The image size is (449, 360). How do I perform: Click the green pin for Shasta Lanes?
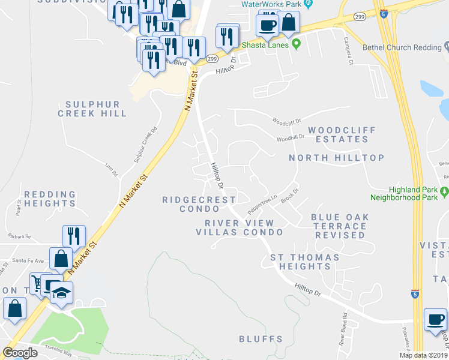pyautogui.click(x=295, y=45)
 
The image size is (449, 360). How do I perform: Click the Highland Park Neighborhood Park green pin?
pyautogui.click(x=444, y=191)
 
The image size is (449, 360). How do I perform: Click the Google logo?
pyautogui.click(x=20, y=353)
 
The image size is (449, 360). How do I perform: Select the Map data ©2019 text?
pyautogui.click(x=423, y=355)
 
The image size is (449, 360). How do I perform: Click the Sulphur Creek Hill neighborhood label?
pyautogui.click(x=92, y=109)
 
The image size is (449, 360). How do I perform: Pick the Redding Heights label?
pyautogui.click(x=50, y=199)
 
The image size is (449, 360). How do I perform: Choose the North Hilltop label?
pyautogui.click(x=336, y=158)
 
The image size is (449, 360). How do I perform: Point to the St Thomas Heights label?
pyautogui.click(x=304, y=262)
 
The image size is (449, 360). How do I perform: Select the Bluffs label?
pyautogui.click(x=261, y=339)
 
